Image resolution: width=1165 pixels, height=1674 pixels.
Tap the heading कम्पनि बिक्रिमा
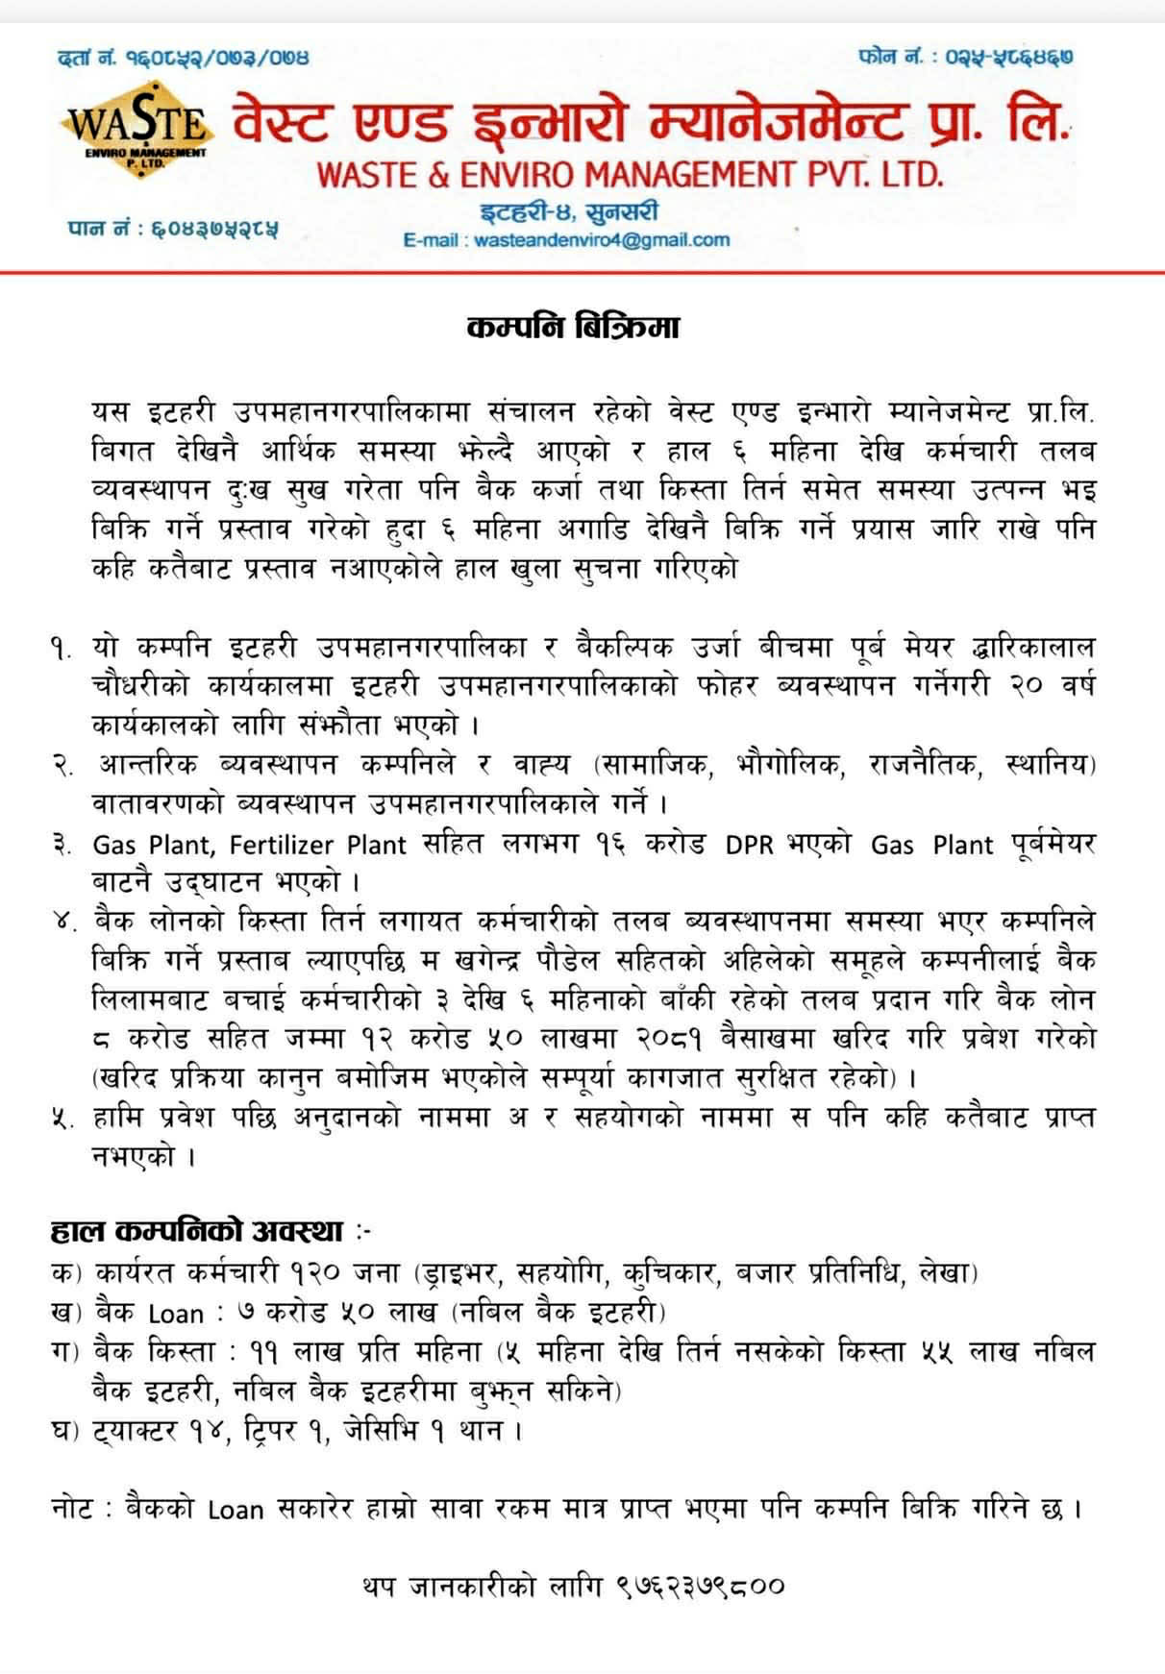573,328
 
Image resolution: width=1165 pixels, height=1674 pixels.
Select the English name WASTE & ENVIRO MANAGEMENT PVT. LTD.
630,174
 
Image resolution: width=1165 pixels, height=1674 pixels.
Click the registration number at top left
184,59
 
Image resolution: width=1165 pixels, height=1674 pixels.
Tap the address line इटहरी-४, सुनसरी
570,211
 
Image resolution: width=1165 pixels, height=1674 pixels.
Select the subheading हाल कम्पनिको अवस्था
197,1231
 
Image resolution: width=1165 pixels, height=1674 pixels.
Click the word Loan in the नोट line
235,1510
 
